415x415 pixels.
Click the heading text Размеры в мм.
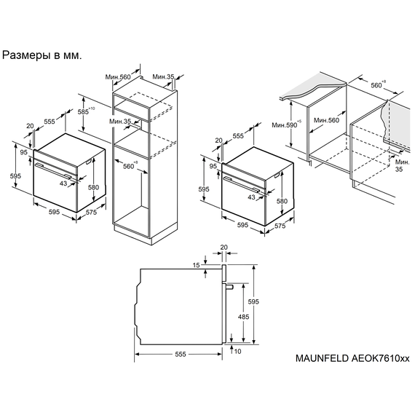coord(41,55)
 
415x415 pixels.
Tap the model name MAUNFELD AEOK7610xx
coord(352,358)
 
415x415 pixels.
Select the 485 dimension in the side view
coord(243,317)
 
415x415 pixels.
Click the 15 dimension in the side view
coord(196,265)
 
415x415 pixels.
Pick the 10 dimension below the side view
coord(237,351)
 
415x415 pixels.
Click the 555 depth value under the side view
coord(181,354)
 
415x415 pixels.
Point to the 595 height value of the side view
coord(253,301)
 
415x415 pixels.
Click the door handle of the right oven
coord(242,184)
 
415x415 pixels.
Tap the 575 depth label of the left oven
coord(91,212)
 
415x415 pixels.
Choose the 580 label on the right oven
coord(282,201)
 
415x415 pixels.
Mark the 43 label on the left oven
coord(63,183)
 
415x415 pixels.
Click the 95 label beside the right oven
coord(213,166)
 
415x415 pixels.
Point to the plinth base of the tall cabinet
coord(146,234)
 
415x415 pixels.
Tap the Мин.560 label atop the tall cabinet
coord(118,77)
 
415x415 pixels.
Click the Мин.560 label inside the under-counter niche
coord(326,120)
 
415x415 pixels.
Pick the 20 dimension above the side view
coord(224,248)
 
